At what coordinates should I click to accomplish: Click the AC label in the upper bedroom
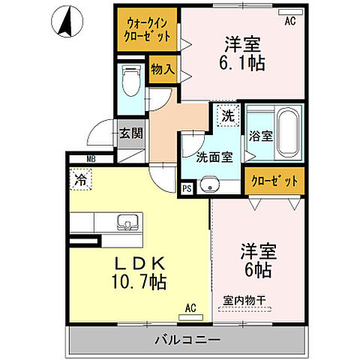point(290,22)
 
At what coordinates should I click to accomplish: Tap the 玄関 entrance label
point(129,134)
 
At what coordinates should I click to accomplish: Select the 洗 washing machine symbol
point(228,116)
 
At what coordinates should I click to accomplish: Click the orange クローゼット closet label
point(274,181)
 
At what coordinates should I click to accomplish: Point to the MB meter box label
point(90,159)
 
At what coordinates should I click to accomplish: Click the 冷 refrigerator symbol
point(79,178)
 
